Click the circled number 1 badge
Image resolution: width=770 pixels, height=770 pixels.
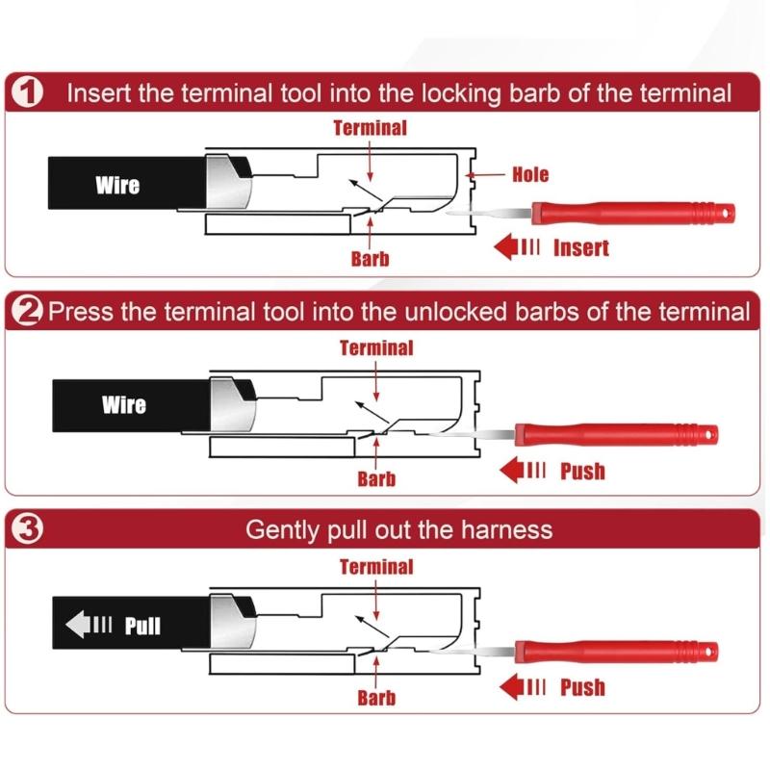pos(30,93)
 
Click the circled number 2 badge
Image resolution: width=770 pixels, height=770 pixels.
pos(29,312)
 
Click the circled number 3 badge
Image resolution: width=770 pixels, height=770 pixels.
pos(30,530)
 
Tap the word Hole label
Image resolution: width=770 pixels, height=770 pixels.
pos(530,174)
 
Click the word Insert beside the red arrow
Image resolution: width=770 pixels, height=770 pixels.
pos(580,247)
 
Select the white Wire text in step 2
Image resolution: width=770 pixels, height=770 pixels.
pos(124,404)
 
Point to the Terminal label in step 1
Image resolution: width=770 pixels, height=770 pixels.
pos(371,127)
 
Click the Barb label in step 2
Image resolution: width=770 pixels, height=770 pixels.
pos(376,478)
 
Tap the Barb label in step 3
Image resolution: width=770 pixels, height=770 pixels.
pos(376,697)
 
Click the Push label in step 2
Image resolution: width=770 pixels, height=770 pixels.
pos(582,471)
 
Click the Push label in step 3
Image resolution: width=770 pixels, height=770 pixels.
pos(582,687)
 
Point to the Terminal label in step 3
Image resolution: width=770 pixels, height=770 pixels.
pos(376,567)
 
